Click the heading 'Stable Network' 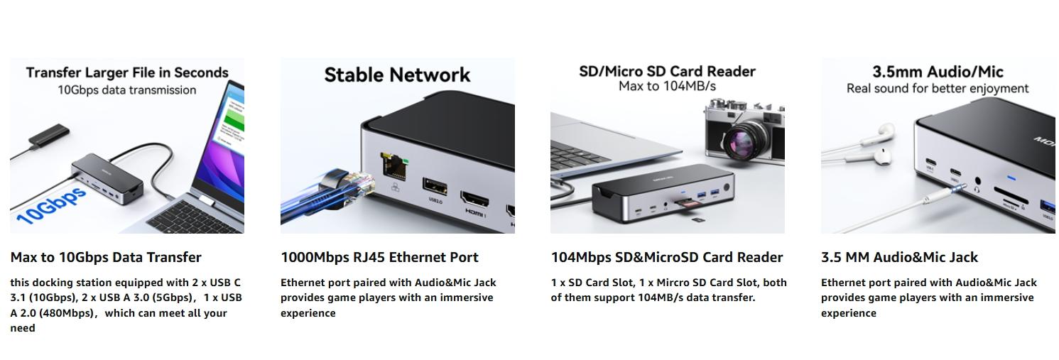(x=397, y=75)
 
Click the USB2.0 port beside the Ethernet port (x=435, y=186)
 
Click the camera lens (x=743, y=136)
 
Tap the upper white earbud (x=884, y=131)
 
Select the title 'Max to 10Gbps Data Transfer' (x=106, y=257)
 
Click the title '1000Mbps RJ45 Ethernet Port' (x=379, y=257)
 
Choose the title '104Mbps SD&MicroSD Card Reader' (x=667, y=257)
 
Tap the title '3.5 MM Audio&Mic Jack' (x=899, y=257)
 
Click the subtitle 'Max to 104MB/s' (x=667, y=86)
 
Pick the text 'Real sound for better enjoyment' (x=938, y=88)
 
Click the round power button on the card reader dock (x=726, y=189)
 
